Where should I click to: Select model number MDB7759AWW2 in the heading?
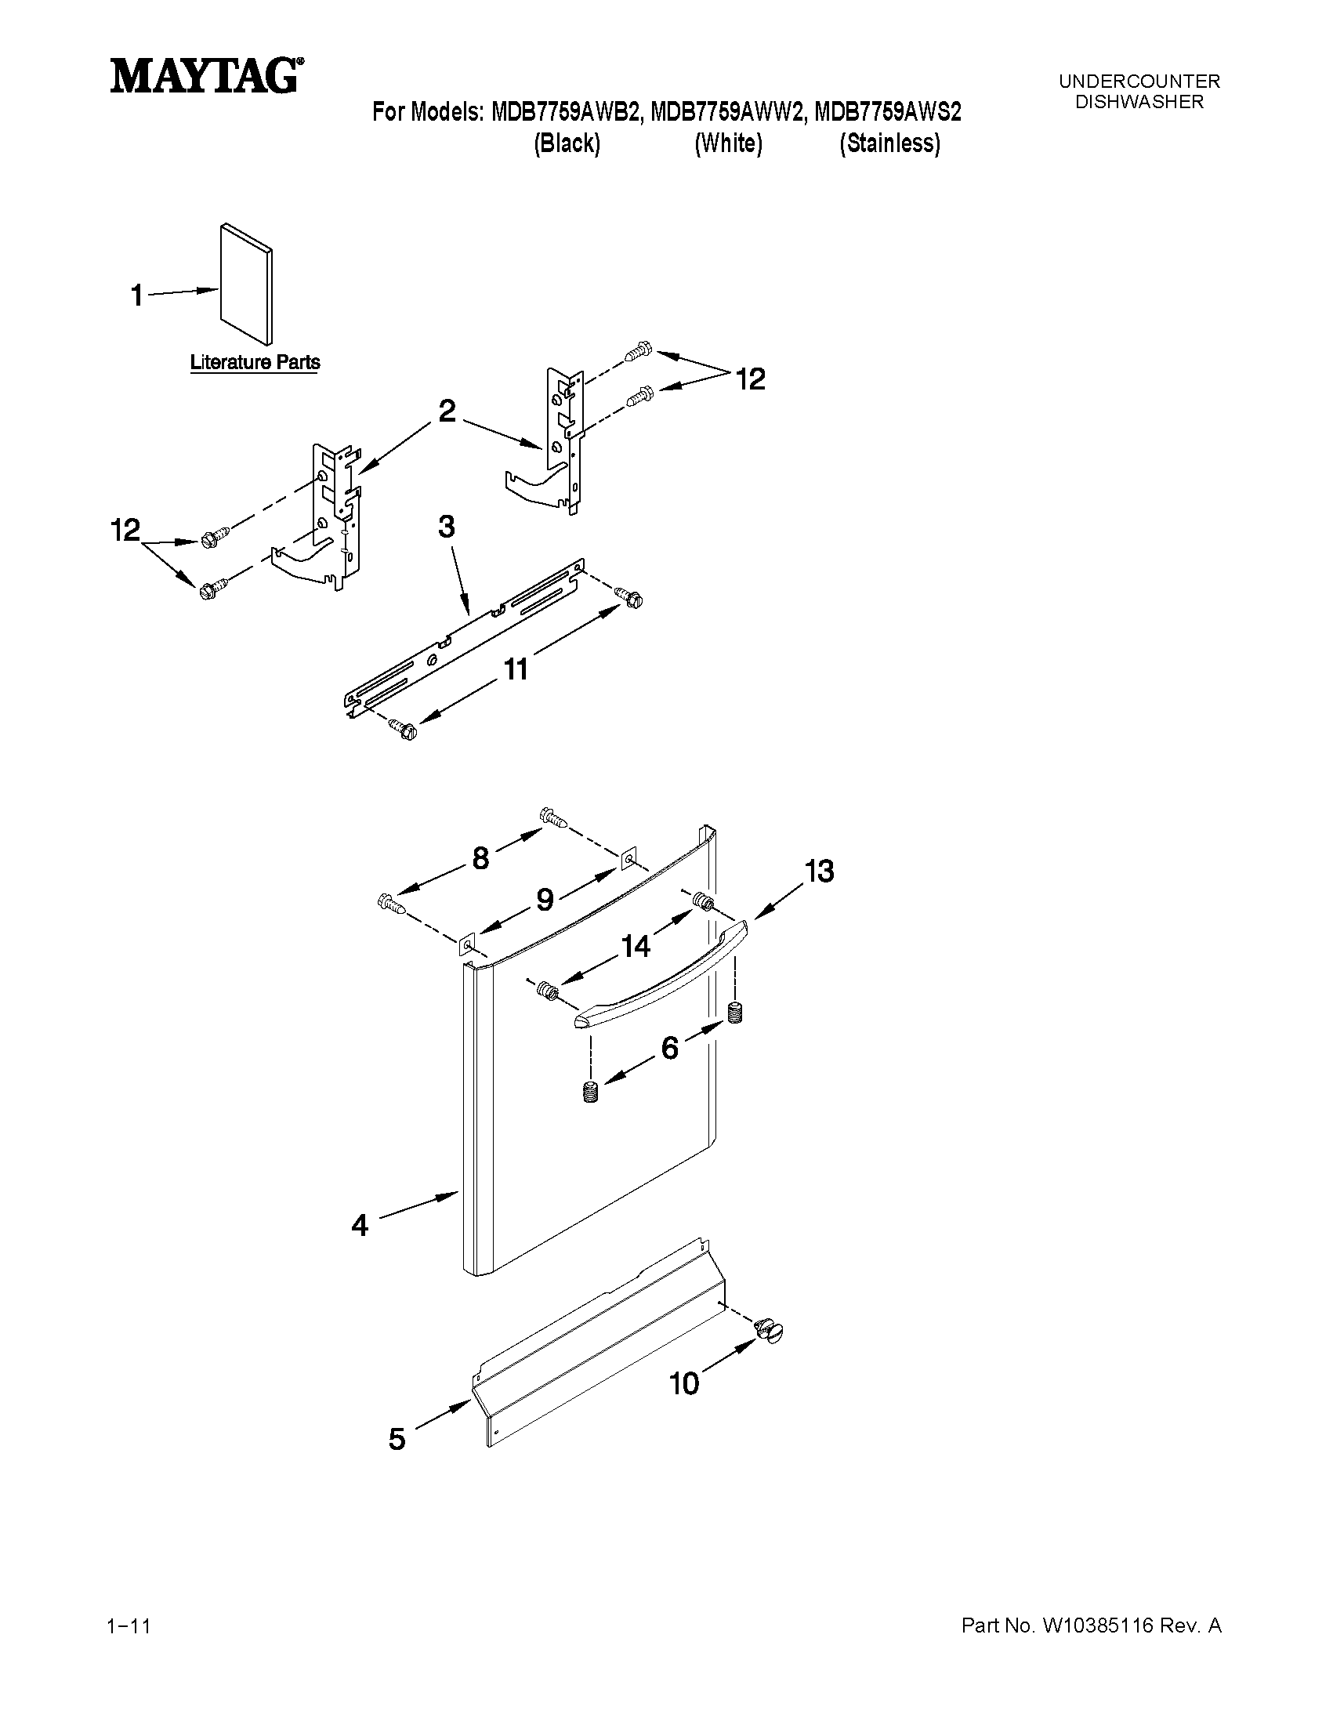pyautogui.click(x=727, y=112)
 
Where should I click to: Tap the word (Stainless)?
pyautogui.click(x=889, y=143)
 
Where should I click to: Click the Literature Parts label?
pyautogui.click(x=255, y=363)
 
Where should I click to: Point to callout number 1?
pyautogui.click(x=136, y=296)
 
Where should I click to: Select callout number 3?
pyautogui.click(x=446, y=527)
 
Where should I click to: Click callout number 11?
pyautogui.click(x=516, y=670)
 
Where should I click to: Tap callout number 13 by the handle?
pyautogui.click(x=819, y=872)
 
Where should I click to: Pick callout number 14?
pyautogui.click(x=636, y=945)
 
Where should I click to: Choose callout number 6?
pyautogui.click(x=669, y=1048)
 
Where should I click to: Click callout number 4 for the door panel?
pyautogui.click(x=360, y=1225)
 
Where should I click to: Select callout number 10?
pyautogui.click(x=684, y=1383)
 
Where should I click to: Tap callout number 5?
pyautogui.click(x=397, y=1439)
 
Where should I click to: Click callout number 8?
pyautogui.click(x=480, y=857)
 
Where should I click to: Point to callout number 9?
pyautogui.click(x=545, y=900)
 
